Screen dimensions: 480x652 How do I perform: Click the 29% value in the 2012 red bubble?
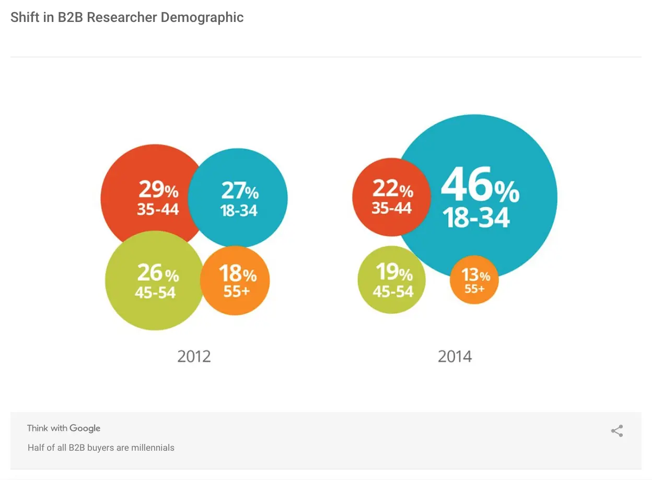(x=158, y=190)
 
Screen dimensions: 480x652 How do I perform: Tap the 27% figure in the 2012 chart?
(x=240, y=191)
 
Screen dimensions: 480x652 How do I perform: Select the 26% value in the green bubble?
(x=158, y=273)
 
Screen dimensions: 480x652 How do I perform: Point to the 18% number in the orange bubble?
(x=238, y=273)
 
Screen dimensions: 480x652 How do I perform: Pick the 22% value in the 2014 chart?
(x=392, y=189)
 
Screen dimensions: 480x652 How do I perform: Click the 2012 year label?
(x=194, y=357)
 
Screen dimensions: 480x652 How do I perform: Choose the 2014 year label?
(x=455, y=357)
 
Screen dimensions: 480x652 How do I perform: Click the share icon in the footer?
(x=617, y=431)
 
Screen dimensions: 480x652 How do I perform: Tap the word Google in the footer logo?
(x=85, y=428)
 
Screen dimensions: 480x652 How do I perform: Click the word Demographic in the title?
(x=202, y=17)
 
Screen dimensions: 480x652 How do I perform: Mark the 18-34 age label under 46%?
(x=476, y=217)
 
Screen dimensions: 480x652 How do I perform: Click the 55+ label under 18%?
(x=237, y=291)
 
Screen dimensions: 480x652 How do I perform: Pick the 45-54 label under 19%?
(x=393, y=291)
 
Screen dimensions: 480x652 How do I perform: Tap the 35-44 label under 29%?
(x=158, y=210)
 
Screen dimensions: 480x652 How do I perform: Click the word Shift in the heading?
(x=24, y=17)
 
